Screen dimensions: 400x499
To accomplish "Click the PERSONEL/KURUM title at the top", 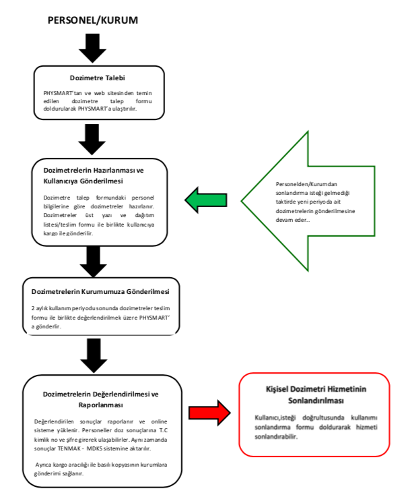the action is [93, 20].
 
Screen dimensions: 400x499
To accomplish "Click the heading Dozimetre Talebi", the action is [97, 78].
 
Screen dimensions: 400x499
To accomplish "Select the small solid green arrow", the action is [206, 200].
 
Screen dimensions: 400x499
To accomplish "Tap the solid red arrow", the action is [209, 413].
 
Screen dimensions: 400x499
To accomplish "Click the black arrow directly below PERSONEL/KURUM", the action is [92, 48].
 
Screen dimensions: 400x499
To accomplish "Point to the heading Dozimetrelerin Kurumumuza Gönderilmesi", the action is [100, 292].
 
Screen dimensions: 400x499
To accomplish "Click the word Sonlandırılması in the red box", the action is [316, 401].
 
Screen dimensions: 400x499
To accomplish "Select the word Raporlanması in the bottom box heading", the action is [101, 405].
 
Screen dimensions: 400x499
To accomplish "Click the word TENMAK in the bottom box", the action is [69, 448].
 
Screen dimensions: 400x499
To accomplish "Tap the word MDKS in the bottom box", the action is [94, 448].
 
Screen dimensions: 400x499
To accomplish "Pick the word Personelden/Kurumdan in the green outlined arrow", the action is [306, 184].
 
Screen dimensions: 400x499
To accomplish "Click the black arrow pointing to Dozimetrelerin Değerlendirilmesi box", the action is [94, 355].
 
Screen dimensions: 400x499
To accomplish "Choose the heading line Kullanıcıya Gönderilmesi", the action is [84, 181].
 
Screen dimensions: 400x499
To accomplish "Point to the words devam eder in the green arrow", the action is [292, 220].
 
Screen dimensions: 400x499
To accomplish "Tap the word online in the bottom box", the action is [159, 421].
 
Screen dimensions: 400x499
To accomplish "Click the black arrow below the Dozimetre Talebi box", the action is [92, 140].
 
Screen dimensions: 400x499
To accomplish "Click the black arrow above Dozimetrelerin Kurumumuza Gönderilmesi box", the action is [93, 262].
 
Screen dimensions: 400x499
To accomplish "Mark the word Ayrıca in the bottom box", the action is [43, 465].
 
